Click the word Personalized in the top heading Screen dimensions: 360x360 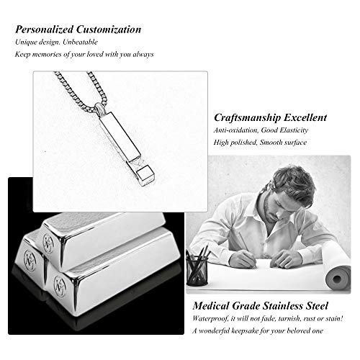[44, 30]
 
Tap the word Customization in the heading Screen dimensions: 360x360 [109, 30]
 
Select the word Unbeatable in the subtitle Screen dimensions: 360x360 [80, 42]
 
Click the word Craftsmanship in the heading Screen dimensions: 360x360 [247, 117]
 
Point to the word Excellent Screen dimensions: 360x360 [305, 117]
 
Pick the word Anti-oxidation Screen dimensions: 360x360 [236, 130]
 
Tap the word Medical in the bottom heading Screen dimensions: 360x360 [211, 306]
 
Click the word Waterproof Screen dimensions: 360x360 [210, 319]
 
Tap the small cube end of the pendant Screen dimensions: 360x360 [145, 176]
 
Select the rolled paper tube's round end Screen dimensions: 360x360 [337, 279]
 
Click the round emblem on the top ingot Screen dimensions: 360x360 [48, 243]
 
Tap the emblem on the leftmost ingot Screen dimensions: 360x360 [30, 260]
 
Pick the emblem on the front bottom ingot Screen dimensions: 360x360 [59, 286]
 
